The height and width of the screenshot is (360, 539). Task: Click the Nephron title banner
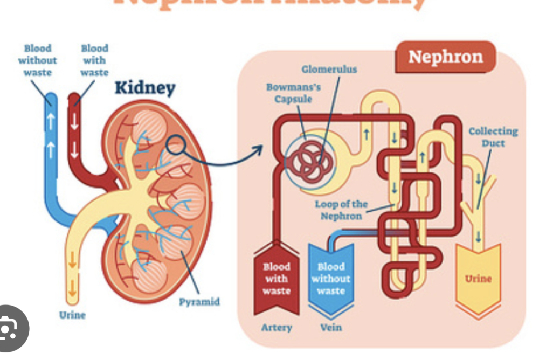pos(445,57)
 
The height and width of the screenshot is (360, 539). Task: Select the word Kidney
pos(145,88)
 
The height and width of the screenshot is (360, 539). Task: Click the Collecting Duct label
pos(493,137)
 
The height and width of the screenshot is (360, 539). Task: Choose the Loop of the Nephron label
pos(341,210)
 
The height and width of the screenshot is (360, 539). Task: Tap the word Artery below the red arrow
pos(277,327)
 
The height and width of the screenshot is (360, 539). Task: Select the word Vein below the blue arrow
pos(330,327)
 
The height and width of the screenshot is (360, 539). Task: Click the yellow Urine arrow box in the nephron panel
pos(478,278)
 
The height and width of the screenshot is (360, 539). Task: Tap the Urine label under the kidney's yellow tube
pos(72,315)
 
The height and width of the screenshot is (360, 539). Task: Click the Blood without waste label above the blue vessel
pos(37,60)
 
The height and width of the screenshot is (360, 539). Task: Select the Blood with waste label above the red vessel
pos(94,60)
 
